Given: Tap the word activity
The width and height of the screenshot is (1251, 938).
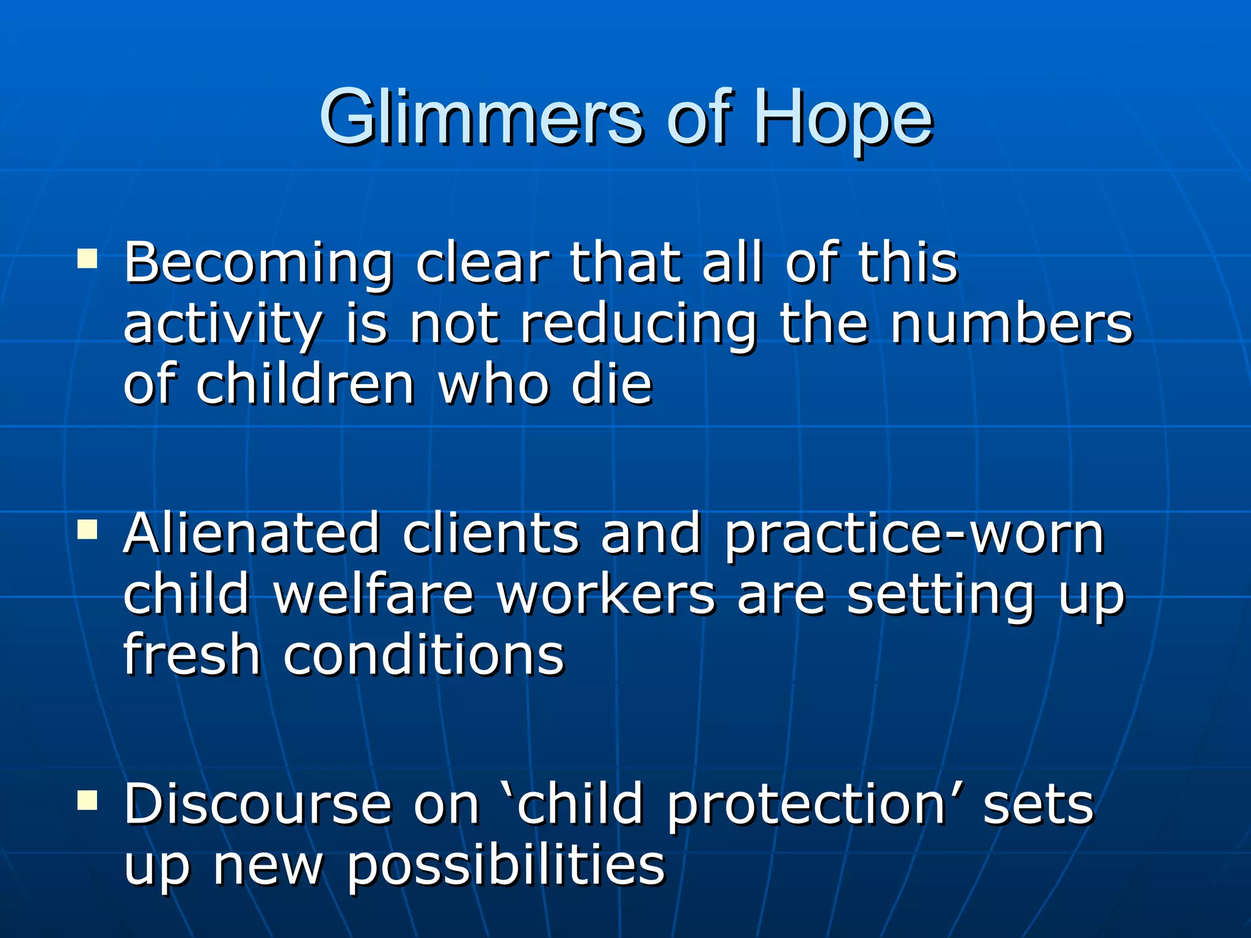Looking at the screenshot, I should click(222, 325).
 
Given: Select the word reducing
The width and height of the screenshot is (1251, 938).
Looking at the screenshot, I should click(638, 325).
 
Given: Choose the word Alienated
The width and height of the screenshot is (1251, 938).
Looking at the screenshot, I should click(251, 534).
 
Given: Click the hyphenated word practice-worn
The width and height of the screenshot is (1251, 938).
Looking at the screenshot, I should click(914, 535).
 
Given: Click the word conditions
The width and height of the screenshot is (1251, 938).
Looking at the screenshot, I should click(424, 656).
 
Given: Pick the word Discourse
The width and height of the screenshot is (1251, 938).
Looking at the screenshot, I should click(257, 805).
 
